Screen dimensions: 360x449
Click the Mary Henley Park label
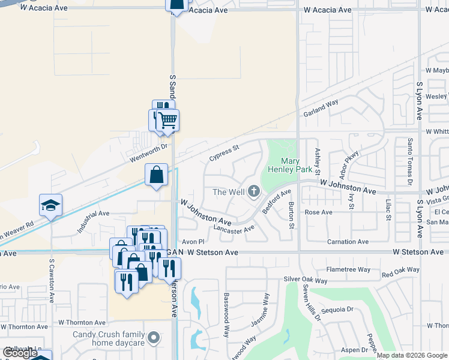point(299,166)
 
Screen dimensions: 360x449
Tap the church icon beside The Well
point(254,191)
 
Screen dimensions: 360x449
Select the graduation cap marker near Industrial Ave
point(51,206)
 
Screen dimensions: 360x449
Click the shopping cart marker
point(168,119)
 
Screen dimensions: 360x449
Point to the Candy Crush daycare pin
point(154,338)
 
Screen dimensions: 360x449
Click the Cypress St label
point(224,152)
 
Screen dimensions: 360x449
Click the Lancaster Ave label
point(234,229)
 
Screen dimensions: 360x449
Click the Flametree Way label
point(349,269)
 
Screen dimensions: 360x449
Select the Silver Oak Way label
point(306,280)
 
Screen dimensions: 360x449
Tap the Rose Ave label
point(318,212)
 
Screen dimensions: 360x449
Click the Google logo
point(20,353)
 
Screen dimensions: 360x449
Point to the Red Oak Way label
point(400,272)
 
